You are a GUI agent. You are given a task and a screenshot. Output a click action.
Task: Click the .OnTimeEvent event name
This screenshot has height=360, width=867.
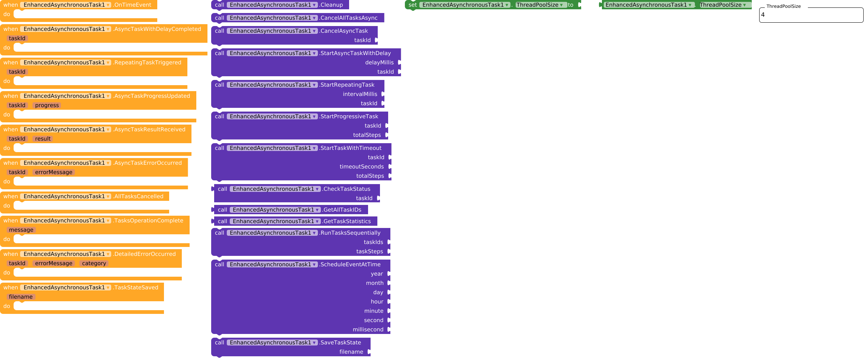(133, 5)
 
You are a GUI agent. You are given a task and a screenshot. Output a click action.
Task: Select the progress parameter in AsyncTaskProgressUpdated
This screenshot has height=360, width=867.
(47, 105)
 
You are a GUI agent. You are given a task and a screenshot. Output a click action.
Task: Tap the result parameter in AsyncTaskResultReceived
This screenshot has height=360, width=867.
(43, 139)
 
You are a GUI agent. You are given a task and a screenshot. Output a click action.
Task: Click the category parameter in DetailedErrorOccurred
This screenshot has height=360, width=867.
(94, 263)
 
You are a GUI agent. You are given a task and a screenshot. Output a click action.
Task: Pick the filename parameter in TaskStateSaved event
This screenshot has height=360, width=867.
(21, 297)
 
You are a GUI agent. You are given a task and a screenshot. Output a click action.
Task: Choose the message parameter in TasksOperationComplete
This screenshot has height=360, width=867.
(21, 230)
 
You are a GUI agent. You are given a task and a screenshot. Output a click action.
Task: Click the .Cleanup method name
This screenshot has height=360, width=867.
(332, 5)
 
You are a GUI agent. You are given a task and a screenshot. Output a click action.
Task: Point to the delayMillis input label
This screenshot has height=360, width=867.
(379, 62)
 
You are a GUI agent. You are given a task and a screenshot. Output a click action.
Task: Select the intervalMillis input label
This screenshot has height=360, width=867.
(360, 94)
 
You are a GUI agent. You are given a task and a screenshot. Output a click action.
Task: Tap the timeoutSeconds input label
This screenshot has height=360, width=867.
(361, 167)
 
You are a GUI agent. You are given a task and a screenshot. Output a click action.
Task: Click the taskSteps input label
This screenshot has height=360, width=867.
(370, 251)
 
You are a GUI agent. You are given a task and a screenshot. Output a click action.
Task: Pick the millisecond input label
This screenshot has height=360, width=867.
(368, 330)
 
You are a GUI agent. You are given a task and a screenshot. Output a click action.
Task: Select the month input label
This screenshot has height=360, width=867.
(375, 283)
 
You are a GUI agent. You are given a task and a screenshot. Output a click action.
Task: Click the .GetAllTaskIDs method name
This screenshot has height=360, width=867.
(342, 210)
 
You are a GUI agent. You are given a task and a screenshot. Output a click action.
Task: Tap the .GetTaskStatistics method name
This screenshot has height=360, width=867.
(347, 221)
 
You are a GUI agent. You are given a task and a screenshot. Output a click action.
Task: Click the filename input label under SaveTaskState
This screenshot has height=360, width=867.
(351, 352)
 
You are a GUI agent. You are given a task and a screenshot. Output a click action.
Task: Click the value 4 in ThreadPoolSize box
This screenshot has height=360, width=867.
(763, 15)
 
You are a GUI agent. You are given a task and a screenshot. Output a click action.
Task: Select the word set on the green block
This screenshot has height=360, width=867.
(412, 5)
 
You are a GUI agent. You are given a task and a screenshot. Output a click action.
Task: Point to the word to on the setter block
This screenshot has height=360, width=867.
(570, 5)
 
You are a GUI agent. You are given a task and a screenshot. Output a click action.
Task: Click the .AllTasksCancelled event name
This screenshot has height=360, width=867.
(139, 196)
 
